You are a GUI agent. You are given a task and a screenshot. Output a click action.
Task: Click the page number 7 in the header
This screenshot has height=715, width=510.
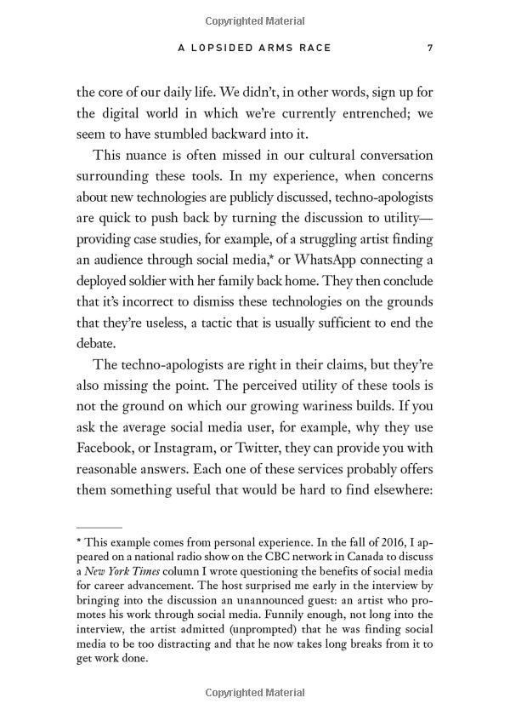[430, 49]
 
